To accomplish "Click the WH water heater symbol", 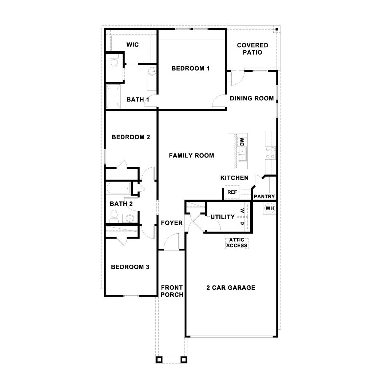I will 269,208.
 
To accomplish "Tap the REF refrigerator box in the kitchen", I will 232,192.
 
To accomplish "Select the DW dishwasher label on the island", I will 242,141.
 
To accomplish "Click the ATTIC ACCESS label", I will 236,243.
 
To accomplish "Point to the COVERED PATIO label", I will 252,49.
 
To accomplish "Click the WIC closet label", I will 132,44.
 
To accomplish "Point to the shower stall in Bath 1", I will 113,96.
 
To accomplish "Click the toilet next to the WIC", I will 114,63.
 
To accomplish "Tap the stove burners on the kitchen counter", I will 271,153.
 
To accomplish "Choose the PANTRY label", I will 264,197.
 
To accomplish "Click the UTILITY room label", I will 223,217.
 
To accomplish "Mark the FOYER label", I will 172,223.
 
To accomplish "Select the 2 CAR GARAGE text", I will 231,288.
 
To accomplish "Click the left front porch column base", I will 159,360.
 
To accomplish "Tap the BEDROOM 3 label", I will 130,267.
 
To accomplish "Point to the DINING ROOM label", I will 251,98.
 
